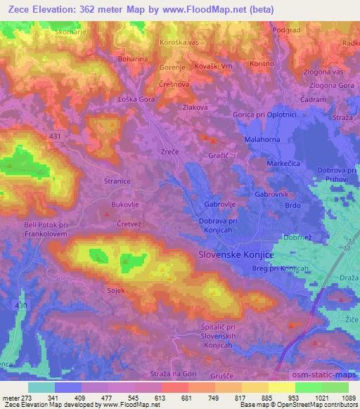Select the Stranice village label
point(117,181)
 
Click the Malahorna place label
point(262,140)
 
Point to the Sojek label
point(115,290)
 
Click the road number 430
point(20,305)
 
